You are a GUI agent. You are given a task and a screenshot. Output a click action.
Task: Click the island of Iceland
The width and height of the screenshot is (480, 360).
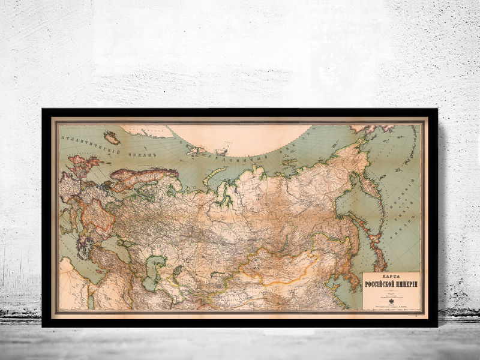[112, 138]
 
